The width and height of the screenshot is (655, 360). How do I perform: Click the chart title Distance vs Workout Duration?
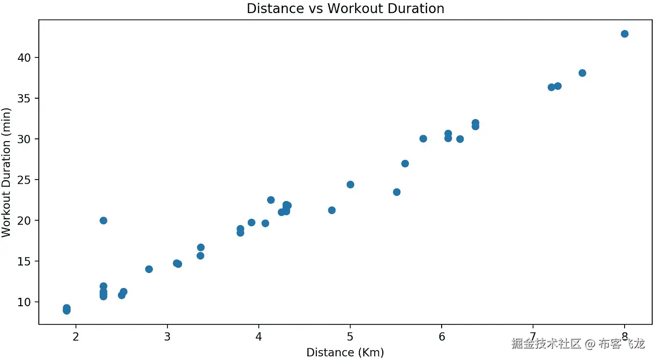click(x=345, y=8)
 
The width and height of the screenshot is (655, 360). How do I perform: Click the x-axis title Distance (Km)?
click(x=345, y=353)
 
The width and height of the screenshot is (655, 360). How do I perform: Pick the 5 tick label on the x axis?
click(x=350, y=336)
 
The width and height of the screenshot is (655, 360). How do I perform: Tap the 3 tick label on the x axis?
click(x=167, y=336)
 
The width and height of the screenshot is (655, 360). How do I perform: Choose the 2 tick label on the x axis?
click(x=76, y=336)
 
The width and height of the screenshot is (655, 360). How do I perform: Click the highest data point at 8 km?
click(x=624, y=34)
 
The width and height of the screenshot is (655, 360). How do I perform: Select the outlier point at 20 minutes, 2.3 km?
click(x=103, y=221)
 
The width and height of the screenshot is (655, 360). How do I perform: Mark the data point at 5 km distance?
click(x=350, y=185)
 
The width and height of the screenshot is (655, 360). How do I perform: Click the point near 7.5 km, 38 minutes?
click(x=582, y=73)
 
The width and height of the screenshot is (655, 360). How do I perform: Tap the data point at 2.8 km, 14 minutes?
click(x=149, y=269)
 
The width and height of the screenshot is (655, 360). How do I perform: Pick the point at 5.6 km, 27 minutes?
click(x=405, y=164)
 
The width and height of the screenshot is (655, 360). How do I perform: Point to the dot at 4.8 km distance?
click(x=332, y=210)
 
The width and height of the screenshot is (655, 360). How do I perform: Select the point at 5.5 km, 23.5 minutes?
click(x=397, y=192)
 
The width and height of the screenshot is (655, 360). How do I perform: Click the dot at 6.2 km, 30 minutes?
click(x=460, y=139)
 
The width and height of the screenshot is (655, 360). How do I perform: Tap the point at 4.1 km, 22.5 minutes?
click(x=271, y=200)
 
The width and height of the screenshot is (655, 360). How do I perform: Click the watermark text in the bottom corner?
click(x=578, y=344)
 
